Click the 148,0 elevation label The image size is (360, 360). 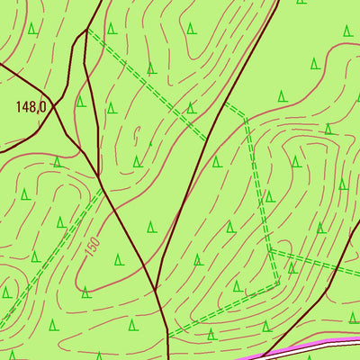click(31, 106)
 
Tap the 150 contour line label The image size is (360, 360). click(93, 244)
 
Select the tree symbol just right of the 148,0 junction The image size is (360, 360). click(80, 101)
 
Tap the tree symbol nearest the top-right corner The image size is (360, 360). click(347, 31)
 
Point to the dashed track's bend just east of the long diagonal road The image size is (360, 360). click(245, 116)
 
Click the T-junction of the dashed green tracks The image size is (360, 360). click(270, 250)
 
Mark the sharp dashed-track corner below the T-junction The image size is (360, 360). click(278, 283)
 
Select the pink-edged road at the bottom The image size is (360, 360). click(306, 348)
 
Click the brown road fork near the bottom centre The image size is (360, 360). click(157, 290)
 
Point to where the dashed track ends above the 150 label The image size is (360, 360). click(102, 188)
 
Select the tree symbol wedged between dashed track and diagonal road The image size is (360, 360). click(191, 107)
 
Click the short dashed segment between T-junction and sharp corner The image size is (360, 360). click(274, 266)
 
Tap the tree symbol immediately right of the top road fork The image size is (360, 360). click(112, 29)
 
